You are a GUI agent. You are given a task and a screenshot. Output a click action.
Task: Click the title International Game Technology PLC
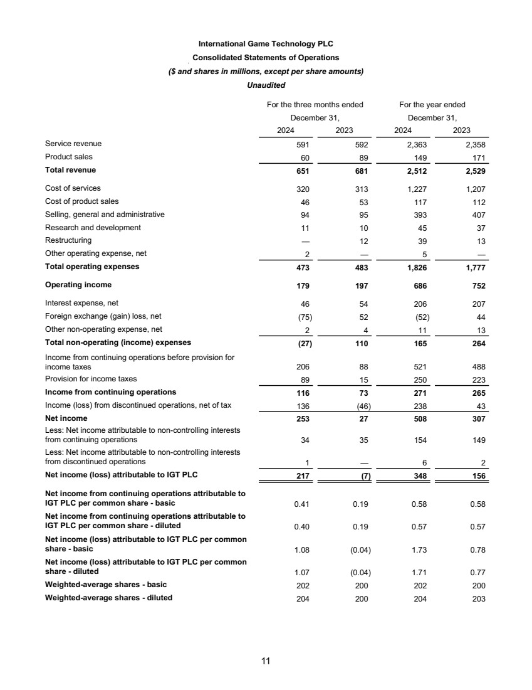(x=266, y=44)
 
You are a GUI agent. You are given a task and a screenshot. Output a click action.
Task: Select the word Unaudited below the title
(x=266, y=85)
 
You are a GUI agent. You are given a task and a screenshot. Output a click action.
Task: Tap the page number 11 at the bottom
(x=266, y=661)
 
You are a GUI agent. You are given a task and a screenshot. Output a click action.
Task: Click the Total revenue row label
(x=71, y=170)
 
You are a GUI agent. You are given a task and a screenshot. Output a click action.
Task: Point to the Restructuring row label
(x=68, y=240)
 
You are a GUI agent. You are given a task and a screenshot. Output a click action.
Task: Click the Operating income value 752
(x=477, y=285)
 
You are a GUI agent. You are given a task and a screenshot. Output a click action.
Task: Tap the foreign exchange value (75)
(x=303, y=317)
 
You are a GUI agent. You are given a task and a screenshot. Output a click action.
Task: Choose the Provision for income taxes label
(x=91, y=379)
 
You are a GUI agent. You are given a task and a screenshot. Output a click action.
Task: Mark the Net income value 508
(x=421, y=418)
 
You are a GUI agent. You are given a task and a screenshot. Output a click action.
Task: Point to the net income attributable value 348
(x=421, y=475)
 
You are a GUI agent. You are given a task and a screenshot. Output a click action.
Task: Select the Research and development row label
(x=93, y=228)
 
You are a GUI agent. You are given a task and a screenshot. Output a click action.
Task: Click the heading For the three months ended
(x=315, y=105)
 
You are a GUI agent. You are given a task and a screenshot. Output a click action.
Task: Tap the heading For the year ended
(x=432, y=105)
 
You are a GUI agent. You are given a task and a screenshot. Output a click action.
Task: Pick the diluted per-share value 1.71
(x=420, y=573)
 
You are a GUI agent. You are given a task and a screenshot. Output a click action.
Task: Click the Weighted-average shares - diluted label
(x=108, y=598)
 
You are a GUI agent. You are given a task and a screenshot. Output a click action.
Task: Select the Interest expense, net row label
(x=81, y=303)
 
